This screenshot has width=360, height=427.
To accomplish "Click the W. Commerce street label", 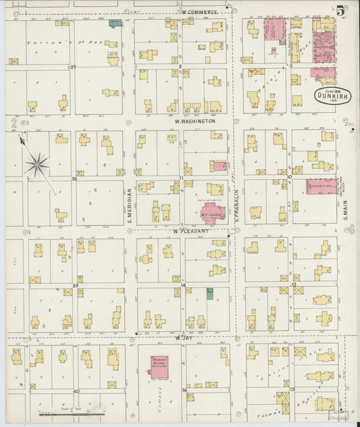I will coord(199,12).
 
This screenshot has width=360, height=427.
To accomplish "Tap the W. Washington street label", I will coord(195,122).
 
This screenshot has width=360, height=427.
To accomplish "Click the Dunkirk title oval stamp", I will coord(332,95).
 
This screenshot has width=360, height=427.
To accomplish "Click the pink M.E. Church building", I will coord(211,216).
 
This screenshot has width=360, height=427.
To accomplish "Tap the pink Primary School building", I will coord(159,366).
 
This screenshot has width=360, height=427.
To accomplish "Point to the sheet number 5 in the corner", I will coord(339,9).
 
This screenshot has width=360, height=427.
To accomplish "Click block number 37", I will coord(73,68).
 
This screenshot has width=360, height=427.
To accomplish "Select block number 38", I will coord(73,179).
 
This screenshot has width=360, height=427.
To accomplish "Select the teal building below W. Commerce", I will coord(115,23).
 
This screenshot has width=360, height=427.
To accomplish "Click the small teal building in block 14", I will coord(209,293).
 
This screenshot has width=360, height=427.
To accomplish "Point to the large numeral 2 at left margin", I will coord(14,123).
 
